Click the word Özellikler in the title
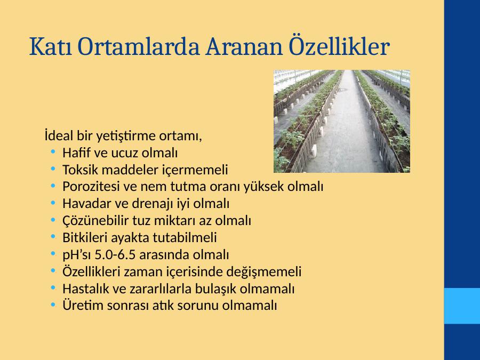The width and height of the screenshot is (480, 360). [339, 46]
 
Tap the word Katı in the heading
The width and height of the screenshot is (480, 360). [51, 46]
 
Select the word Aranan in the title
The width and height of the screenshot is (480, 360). [244, 47]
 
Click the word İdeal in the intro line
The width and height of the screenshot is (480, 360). [59, 135]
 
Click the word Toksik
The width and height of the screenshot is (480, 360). [80, 170]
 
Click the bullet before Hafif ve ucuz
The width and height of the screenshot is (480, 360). [53, 151]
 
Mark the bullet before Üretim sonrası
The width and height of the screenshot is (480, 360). [53, 304]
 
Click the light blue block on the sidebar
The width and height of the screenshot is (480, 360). [462, 306]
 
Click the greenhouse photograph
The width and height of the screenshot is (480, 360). [342, 121]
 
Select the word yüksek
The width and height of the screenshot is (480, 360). [264, 187]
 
